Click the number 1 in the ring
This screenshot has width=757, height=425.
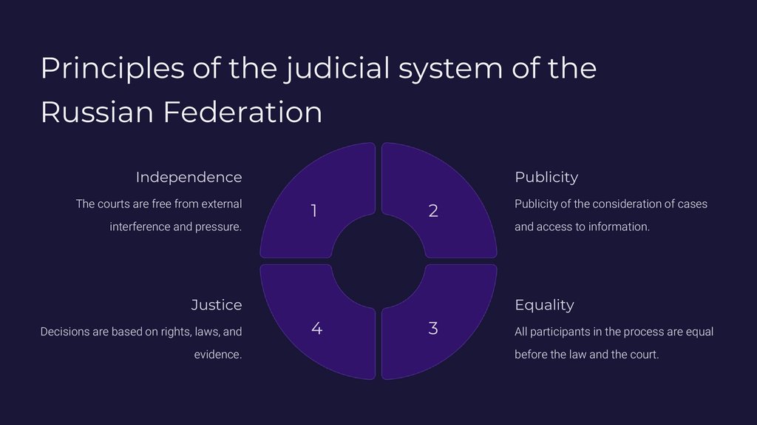click(314, 211)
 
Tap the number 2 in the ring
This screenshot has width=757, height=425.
click(433, 211)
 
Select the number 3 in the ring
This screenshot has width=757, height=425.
click(433, 328)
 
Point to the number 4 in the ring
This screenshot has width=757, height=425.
click(316, 328)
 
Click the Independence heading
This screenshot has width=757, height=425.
click(189, 177)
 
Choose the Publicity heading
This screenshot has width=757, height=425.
click(546, 177)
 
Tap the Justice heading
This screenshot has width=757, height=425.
click(216, 304)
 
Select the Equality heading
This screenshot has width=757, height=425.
click(544, 304)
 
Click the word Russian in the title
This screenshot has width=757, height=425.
click(97, 113)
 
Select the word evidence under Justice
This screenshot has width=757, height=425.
click(218, 355)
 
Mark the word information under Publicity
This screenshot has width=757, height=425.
click(619, 227)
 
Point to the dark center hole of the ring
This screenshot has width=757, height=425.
click(378, 261)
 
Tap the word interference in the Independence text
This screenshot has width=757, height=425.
click(140, 227)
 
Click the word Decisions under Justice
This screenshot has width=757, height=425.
click(65, 332)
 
